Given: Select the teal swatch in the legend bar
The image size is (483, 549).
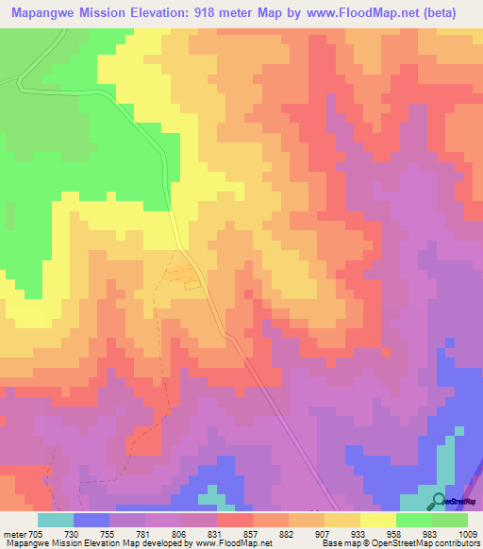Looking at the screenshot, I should pos(56,520).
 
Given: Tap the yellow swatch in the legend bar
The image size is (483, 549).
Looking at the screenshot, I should pos(377,520).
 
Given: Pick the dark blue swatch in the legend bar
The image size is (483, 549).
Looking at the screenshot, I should pos(92,520).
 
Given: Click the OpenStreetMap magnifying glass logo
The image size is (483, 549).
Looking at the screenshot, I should pos(438,499).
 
